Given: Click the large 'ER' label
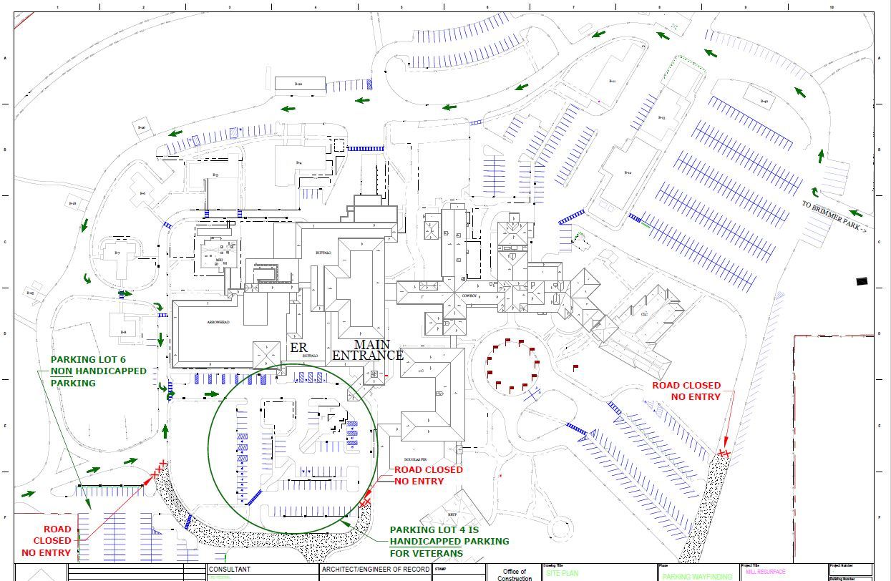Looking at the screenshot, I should (298, 348).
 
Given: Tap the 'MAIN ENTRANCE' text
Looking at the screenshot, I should (368, 350).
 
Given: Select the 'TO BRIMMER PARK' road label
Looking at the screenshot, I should (834, 215).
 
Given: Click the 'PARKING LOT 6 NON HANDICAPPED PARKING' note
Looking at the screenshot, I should (98, 371).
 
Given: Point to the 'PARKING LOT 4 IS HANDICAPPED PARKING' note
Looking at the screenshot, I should (449, 542).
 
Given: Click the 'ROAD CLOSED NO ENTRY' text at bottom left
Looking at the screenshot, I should (47, 541).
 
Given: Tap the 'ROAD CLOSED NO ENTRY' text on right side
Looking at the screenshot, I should (686, 391).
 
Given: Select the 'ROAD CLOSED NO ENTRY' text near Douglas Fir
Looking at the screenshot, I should (428, 475).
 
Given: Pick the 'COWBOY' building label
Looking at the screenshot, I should (469, 296).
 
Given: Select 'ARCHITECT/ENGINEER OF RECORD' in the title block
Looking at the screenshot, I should (376, 570).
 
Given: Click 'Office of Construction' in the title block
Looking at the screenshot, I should (515, 575).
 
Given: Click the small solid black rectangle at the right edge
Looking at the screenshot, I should (862, 281).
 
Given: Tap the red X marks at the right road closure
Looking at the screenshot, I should (724, 453).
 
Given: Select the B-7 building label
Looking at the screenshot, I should (117, 253).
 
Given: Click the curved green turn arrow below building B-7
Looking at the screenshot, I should (88, 278).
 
